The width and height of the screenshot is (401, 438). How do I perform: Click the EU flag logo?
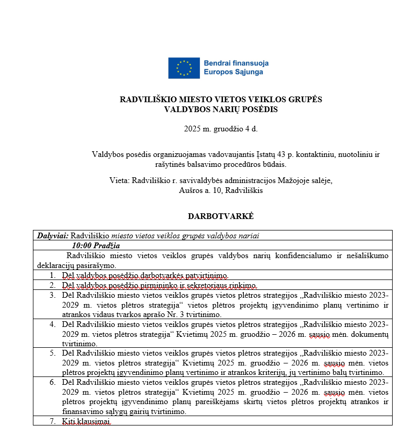tap(183, 68)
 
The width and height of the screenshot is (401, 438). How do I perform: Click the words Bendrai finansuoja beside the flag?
tap(237, 63)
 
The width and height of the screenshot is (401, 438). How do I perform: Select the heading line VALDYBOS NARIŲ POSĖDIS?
tap(221, 110)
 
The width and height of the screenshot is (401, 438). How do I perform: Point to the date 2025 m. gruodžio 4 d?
tap(221, 129)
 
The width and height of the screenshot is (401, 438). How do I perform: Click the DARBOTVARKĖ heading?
tap(221, 215)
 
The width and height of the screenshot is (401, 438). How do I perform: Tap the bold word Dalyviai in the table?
tap(53, 236)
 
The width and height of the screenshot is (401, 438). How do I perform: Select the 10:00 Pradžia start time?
tap(96, 246)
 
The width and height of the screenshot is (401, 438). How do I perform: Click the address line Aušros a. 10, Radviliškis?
tap(221, 190)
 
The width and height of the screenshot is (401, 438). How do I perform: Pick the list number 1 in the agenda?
tap(52, 275)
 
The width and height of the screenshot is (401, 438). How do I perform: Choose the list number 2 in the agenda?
tap(52, 285)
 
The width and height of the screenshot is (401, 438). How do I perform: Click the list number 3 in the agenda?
tap(52, 295)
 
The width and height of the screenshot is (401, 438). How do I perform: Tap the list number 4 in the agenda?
tap(52, 324)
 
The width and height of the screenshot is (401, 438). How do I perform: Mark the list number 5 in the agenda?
tap(52, 353)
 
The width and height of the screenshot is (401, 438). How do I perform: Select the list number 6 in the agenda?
tap(52, 382)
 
